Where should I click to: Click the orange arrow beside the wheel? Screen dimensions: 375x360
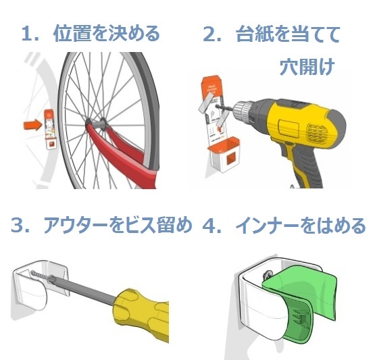(32, 125)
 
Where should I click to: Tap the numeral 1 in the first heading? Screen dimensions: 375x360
(27, 34)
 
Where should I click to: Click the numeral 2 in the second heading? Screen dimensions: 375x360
(209, 34)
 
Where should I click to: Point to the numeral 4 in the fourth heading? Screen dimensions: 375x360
(209, 225)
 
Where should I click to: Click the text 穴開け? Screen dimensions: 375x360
(307, 67)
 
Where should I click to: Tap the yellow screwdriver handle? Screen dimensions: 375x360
(141, 313)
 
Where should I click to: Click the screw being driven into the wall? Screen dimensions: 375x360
(39, 276)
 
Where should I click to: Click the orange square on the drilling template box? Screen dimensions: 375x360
(232, 159)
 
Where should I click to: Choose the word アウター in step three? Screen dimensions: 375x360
(76, 225)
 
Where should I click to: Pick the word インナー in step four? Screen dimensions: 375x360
(268, 225)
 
